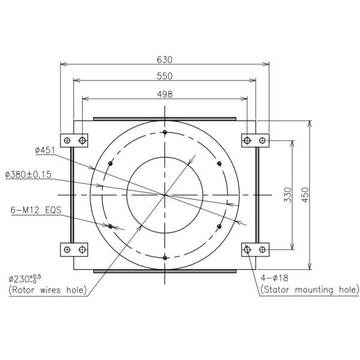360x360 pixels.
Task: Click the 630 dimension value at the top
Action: (164, 59)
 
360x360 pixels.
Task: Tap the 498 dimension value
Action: (164, 94)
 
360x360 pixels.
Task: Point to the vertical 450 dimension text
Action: (305, 195)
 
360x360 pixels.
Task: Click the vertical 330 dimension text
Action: (287, 195)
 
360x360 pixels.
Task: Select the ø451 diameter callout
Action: (45, 151)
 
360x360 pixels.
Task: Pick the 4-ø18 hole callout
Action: (275, 278)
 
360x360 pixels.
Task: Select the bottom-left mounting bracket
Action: (75, 249)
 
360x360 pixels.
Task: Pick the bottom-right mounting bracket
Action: (254, 249)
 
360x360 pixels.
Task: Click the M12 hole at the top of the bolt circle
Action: (164, 133)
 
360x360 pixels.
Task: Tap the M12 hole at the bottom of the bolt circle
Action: (164, 257)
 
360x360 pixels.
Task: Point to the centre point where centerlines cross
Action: (164, 195)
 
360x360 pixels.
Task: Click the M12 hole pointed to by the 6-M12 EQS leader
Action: (110, 226)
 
